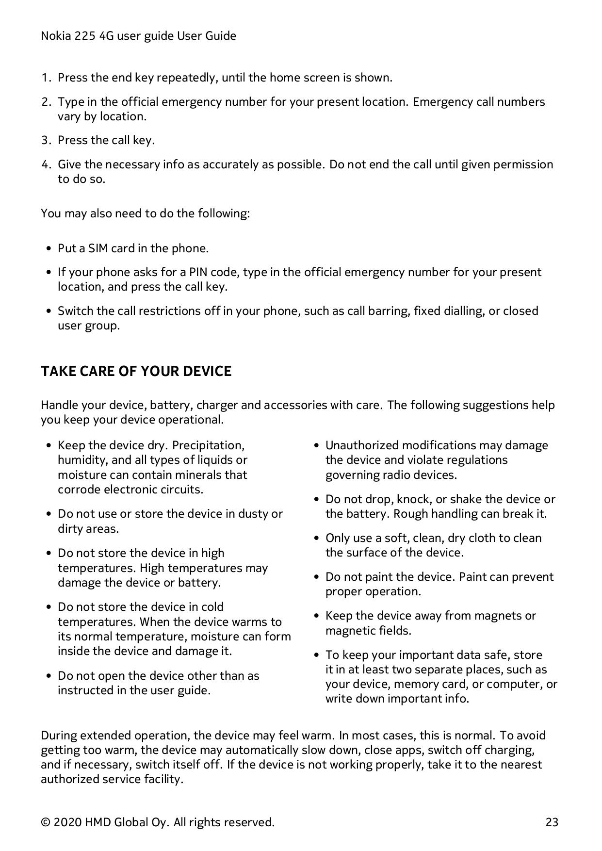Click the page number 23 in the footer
click(x=552, y=822)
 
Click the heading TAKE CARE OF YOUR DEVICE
click(x=136, y=371)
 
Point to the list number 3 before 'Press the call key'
click(x=45, y=141)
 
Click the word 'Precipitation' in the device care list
click(x=208, y=445)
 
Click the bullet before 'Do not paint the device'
click(x=316, y=577)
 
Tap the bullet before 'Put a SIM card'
click(x=49, y=249)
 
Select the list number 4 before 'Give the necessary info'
click(x=45, y=164)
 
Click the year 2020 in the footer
click(x=68, y=822)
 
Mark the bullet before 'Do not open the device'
click(x=49, y=676)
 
